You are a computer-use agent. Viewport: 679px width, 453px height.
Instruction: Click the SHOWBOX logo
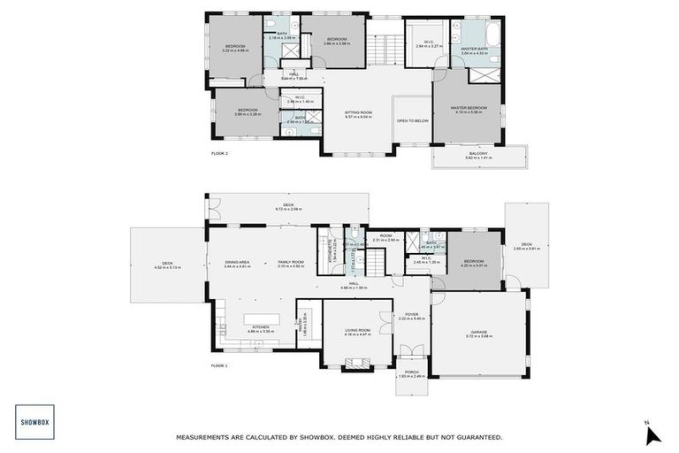[34, 422]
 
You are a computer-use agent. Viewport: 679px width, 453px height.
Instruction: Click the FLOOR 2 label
[220, 153]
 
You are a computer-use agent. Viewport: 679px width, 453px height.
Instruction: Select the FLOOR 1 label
[220, 365]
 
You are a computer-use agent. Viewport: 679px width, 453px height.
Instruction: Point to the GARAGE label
[479, 333]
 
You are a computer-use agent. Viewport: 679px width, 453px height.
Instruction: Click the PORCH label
[412, 372]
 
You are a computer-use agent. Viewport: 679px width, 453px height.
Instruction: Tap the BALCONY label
[478, 154]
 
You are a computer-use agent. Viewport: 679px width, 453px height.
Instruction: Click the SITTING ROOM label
[359, 112]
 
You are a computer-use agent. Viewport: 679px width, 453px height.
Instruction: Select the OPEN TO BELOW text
[413, 121]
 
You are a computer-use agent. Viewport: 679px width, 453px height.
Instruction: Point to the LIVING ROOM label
[358, 331]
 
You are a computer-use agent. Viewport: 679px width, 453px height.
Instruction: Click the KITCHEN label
[260, 327]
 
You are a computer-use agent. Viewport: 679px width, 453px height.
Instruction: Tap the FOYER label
[412, 314]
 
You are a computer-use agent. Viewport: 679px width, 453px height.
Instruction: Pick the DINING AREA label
[238, 262]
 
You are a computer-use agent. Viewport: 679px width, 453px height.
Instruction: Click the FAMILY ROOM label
[291, 262]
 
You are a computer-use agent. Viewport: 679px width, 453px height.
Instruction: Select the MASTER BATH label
[475, 50]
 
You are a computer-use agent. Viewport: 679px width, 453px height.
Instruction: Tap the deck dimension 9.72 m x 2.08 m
[288, 209]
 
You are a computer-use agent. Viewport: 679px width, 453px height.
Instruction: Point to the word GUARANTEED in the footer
[470, 437]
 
